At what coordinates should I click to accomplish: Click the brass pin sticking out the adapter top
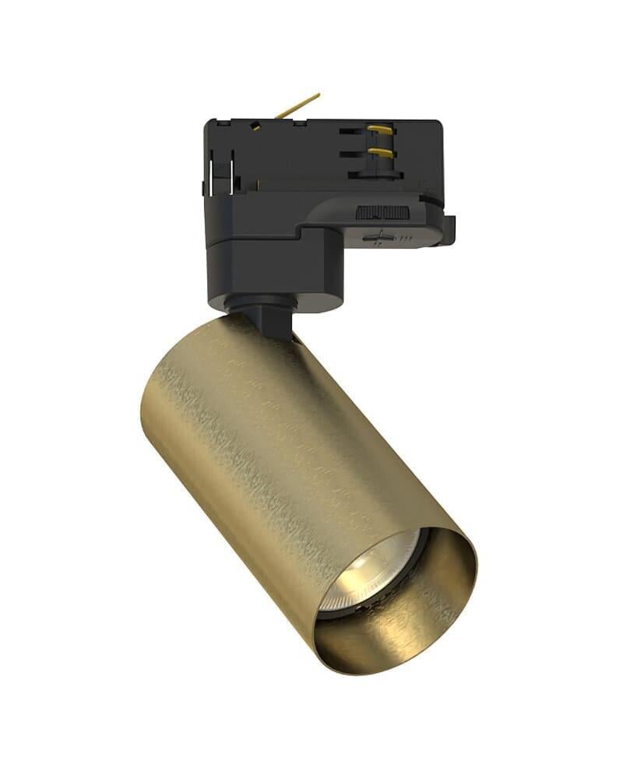[300, 105]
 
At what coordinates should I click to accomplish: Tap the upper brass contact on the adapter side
[380, 129]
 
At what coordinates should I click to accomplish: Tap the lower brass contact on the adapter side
[380, 152]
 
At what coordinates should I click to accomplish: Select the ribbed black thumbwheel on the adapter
[382, 212]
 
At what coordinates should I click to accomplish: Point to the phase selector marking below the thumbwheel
[379, 237]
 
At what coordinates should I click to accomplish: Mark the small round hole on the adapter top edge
[255, 125]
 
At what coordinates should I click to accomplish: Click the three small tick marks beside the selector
[406, 239]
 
